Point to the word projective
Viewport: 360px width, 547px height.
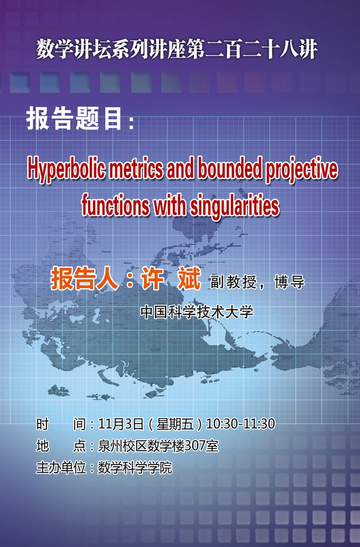click(x=302, y=170)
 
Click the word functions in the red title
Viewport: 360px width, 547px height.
click(x=115, y=206)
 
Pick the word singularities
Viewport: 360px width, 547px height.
click(x=234, y=207)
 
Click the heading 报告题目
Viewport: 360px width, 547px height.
click(x=74, y=118)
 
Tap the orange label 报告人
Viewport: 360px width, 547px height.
click(x=84, y=279)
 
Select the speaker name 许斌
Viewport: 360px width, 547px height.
click(x=171, y=278)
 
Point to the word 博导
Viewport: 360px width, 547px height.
click(x=289, y=282)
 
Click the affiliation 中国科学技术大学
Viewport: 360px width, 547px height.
click(x=197, y=312)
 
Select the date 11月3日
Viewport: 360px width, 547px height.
click(x=121, y=424)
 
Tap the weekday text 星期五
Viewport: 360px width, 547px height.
click(x=175, y=424)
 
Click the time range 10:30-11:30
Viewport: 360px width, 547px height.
click(x=241, y=424)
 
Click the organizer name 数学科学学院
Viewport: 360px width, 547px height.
click(x=135, y=467)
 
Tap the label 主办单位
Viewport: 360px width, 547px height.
click(x=61, y=467)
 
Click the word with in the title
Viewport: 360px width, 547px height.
click(x=169, y=205)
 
